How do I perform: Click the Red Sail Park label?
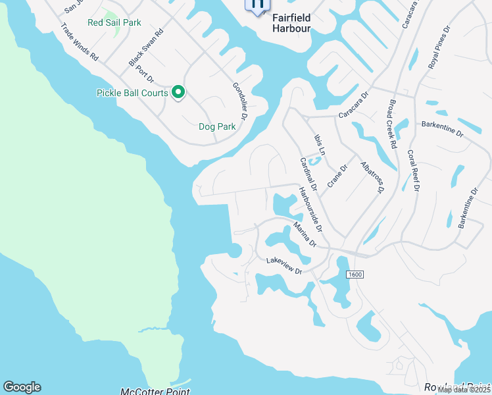point(114,22)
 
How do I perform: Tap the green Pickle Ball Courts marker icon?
point(178,93)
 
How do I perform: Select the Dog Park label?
point(216,126)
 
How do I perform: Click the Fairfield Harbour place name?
point(291,24)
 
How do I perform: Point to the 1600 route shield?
point(354,274)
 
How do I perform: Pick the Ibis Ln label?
point(320,144)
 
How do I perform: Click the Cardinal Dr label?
point(308,174)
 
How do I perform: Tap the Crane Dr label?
point(337,176)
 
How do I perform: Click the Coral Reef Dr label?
point(413,169)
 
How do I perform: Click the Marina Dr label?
point(305,235)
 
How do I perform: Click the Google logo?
point(22,387)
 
